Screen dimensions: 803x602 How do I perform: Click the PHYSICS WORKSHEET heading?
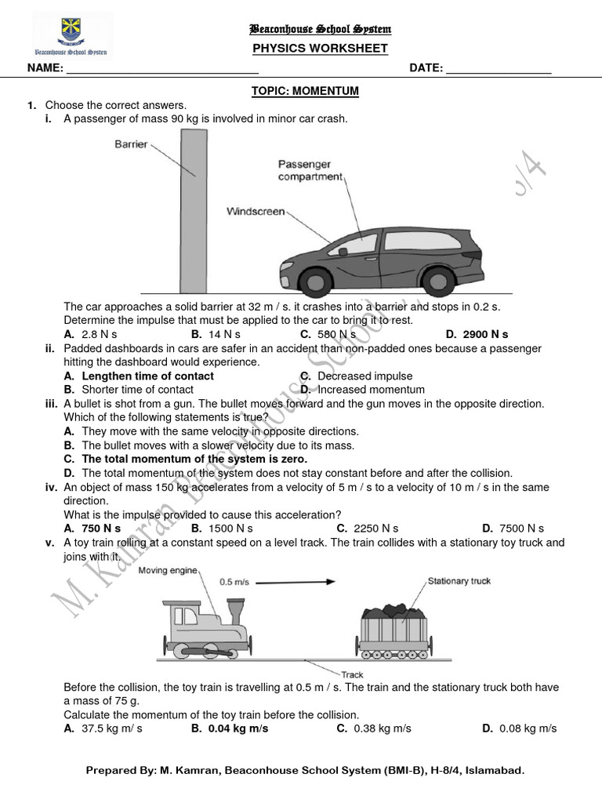(x=320, y=49)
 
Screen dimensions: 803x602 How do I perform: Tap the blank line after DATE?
(x=498, y=69)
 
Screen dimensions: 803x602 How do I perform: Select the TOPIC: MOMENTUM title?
(x=305, y=91)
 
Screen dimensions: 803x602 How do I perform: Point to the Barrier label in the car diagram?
(x=131, y=144)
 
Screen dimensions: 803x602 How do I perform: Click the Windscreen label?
(x=256, y=212)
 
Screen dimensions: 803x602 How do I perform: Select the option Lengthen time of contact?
(x=147, y=376)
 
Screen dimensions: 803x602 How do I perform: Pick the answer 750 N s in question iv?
(x=102, y=529)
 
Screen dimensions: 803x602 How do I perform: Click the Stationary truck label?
(x=459, y=581)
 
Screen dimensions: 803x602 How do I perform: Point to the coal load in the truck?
(x=393, y=611)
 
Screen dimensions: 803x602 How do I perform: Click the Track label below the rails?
(x=352, y=674)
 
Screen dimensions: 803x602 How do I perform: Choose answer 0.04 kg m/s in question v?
(x=238, y=729)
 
